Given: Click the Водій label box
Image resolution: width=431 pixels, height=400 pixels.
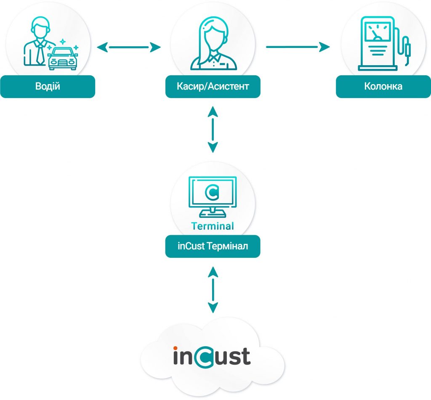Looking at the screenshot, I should pos(48,87).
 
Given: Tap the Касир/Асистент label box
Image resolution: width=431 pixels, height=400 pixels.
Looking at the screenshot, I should pos(213,87).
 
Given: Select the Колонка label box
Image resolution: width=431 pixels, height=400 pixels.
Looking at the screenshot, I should pos(383,87).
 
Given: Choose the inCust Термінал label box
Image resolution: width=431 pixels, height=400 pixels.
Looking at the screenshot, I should pos(213,246).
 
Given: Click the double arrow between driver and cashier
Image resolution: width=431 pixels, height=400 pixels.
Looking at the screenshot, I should pos(129,48).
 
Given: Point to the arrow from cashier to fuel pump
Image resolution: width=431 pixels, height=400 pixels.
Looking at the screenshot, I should pos(298,47).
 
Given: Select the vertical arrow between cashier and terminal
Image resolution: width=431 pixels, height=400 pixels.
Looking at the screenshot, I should pos(213,129).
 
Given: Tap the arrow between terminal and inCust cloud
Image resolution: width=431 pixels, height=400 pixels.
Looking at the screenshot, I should pos(213,289).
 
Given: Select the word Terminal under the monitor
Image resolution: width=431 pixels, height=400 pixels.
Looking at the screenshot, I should pos(213,226).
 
